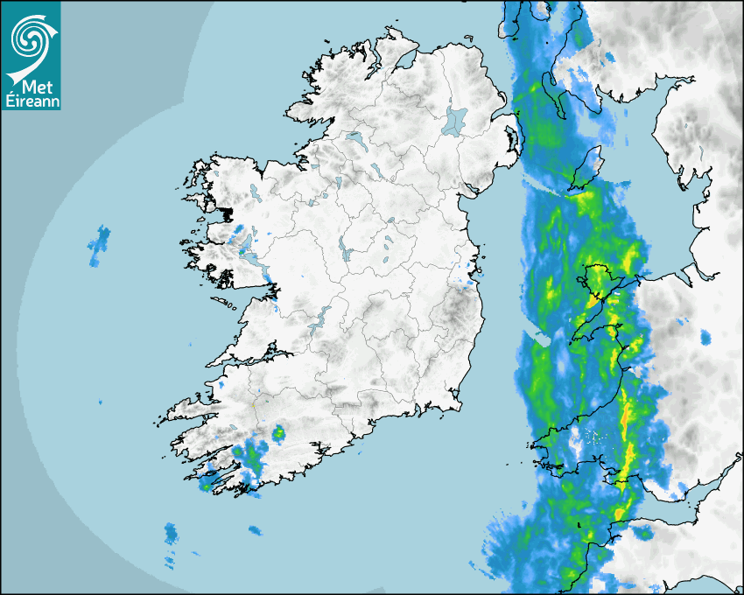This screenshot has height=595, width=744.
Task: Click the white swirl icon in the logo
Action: click(x=31, y=37)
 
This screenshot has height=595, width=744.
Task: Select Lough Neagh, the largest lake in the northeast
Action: click(x=454, y=120)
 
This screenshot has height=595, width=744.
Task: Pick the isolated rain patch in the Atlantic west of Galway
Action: click(x=99, y=245)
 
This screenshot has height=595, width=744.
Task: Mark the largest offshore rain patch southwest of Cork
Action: click(x=171, y=532)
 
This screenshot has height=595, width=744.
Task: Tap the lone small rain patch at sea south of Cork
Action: click(x=255, y=530)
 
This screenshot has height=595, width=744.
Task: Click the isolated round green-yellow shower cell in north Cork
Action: click(x=278, y=432)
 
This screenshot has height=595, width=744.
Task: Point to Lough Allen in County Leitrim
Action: click(x=337, y=184)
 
